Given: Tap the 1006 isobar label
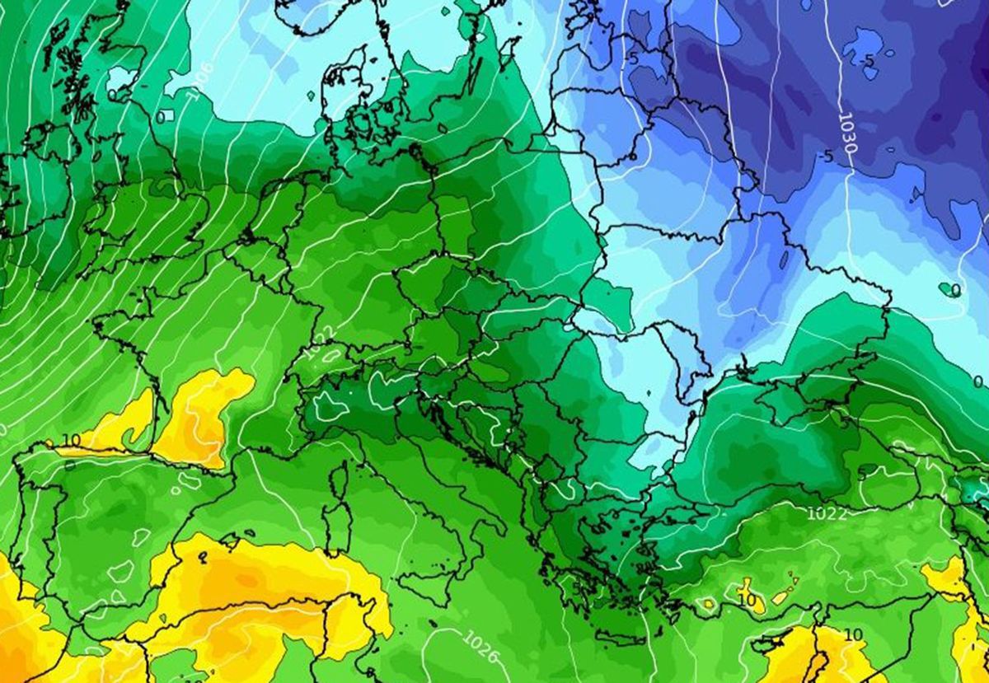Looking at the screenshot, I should [x=200, y=81].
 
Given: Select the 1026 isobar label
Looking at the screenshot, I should [x=481, y=647].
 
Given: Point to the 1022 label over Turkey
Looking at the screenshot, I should [x=826, y=513].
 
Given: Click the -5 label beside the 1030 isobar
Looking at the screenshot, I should [x=827, y=156].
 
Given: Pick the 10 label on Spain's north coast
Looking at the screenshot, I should [x=71, y=440].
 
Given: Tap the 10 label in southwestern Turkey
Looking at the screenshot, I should [x=747, y=601].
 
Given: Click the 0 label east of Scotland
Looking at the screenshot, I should [x=159, y=118].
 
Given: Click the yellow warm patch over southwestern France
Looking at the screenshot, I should [x=198, y=416].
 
